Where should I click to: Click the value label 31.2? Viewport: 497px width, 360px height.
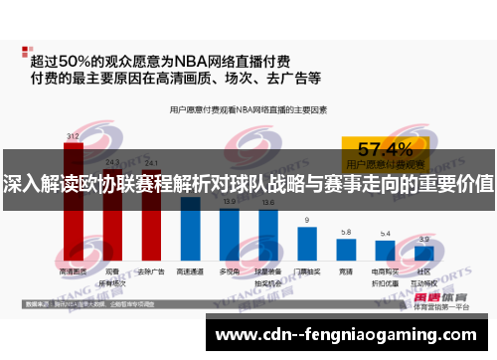(74, 136)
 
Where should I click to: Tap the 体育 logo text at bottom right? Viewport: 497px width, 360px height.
(453, 296)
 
